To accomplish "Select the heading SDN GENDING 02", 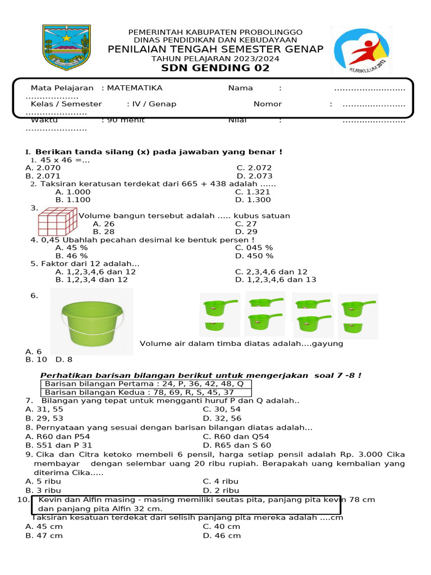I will click(215, 68).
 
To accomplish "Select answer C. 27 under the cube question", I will click(246, 223).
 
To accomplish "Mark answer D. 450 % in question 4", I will click(254, 255).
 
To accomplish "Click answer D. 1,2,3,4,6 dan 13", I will click(276, 279).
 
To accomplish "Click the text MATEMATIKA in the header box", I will click(135, 88).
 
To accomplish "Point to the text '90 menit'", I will click(123, 120).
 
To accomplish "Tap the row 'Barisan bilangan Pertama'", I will click(144, 384).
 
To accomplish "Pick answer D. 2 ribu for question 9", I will click(221, 490).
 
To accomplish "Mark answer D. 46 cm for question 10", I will click(222, 536).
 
